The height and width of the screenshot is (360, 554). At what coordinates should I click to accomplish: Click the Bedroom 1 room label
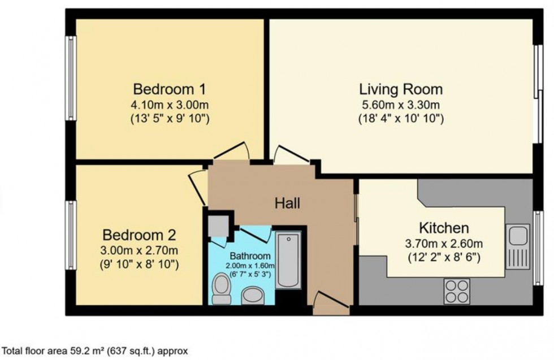coord(169,89)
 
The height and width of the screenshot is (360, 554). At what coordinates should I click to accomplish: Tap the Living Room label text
coord(401,89)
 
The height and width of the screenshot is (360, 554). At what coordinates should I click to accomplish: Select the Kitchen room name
coord(444,228)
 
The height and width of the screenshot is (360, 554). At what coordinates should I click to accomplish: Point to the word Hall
coord(287,203)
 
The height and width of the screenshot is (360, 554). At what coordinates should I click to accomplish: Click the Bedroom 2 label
coord(139,235)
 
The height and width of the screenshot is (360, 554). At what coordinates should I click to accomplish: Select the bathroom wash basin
coord(253,295)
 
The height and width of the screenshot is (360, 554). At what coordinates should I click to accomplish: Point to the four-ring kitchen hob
coord(456,292)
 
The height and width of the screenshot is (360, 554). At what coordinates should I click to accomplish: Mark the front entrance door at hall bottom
coord(331,303)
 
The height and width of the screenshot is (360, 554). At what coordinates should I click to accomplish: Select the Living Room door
coord(291,155)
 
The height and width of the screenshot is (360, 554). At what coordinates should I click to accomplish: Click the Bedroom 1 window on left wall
coord(71,78)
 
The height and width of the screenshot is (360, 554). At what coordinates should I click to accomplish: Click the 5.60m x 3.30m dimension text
coord(401,105)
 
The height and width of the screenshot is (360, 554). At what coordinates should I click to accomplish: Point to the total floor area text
coord(95,351)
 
